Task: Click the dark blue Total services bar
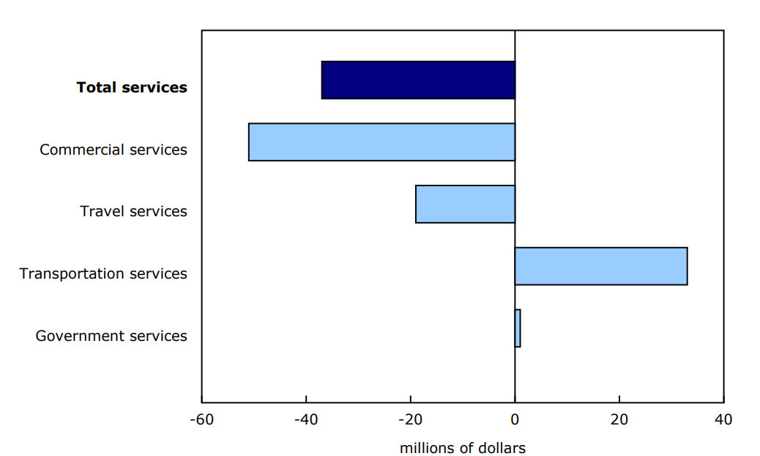pos(418,80)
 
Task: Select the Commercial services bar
pos(381,142)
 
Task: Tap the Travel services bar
pos(465,204)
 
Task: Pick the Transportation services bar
pos(600,266)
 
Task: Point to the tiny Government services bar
pos(518,328)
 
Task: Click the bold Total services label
pos(132,87)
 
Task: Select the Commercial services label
pos(113,150)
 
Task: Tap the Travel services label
pos(133,211)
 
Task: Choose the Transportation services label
pos(103,273)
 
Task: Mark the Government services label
pos(111,336)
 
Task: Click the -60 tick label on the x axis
pos(201,420)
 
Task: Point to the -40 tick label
pos(306,420)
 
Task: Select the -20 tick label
pos(410,420)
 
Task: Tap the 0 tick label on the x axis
pos(515,420)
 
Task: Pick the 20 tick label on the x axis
pos(619,420)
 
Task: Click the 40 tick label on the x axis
pos(723,420)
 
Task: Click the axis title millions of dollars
pos(462,448)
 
